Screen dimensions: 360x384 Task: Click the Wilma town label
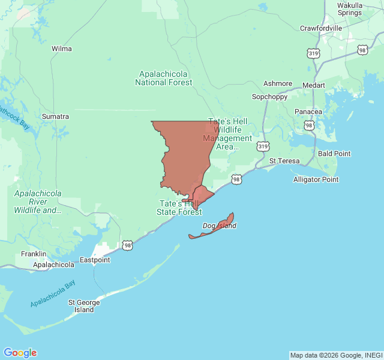point(61,49)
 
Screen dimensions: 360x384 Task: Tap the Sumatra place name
point(55,116)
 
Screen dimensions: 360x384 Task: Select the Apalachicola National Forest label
point(164,78)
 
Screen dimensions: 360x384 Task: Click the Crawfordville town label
point(321,28)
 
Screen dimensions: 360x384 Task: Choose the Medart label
point(313,85)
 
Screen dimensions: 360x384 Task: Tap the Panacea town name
point(308,112)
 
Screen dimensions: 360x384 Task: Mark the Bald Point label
point(334,154)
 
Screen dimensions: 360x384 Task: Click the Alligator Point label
point(316,179)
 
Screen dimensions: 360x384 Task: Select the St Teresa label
point(284,161)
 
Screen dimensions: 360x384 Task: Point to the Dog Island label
point(219,226)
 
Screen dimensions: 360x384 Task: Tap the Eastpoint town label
point(95,260)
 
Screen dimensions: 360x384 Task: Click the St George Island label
point(84,306)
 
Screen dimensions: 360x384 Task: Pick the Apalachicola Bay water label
point(57,293)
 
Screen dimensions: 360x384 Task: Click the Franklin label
point(34,254)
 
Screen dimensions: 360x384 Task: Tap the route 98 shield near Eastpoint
point(127,245)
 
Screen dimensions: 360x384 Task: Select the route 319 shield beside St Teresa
point(263,146)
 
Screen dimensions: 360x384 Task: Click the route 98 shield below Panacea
point(308,125)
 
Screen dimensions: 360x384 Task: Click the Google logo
point(20,353)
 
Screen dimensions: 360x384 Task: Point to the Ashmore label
point(278,84)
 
